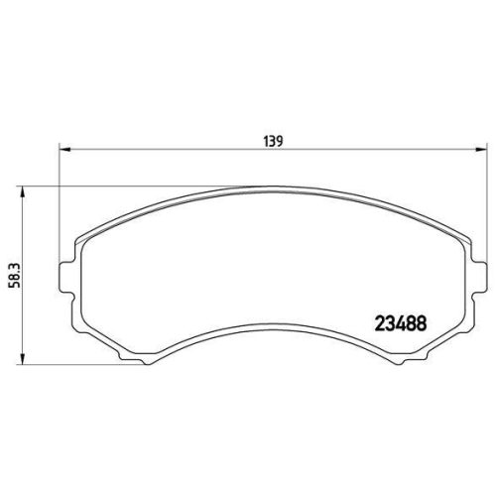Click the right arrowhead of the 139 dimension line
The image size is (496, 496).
(x=483, y=151)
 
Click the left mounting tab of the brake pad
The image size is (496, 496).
(x=66, y=277)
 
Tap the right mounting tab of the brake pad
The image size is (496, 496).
(x=482, y=277)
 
